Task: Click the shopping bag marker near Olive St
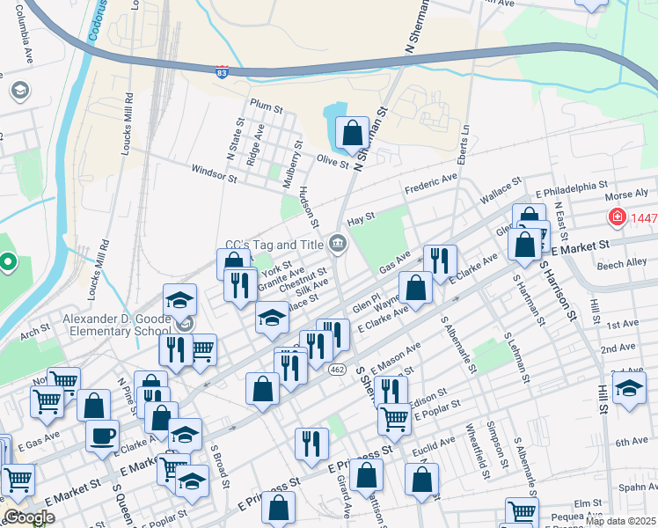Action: coord(352,134)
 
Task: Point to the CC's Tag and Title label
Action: coord(274,245)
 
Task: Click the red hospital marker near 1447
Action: coord(618,216)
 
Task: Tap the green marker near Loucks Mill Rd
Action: coord(8,261)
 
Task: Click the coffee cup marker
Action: coord(102,435)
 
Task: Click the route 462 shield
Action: coord(362,367)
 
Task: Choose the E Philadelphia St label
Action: coord(572,191)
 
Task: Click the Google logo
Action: coord(30,517)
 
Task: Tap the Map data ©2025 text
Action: coord(619,521)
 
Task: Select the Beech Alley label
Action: coord(622,263)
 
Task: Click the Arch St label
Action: coord(36,333)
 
